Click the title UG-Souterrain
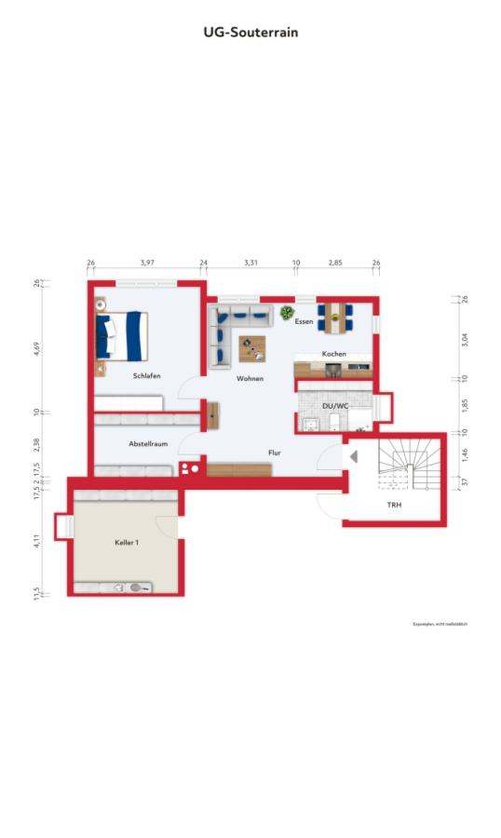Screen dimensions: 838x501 click(250, 32)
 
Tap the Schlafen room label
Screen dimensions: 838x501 click(146, 376)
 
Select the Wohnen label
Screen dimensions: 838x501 click(250, 379)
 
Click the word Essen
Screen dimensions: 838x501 click(304, 322)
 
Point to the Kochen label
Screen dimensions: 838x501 click(334, 355)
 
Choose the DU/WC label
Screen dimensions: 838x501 click(334, 406)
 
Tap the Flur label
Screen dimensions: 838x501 click(275, 453)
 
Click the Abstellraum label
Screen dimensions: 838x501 click(148, 444)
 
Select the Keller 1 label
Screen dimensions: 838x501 click(127, 542)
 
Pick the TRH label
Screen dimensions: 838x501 click(395, 505)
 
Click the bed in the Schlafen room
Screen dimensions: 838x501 click(123, 335)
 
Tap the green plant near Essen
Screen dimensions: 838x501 click(286, 312)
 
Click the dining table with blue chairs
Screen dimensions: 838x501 click(333, 318)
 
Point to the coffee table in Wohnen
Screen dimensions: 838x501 click(251, 348)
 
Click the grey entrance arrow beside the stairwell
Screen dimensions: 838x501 click(353, 456)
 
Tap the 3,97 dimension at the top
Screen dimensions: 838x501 click(147, 264)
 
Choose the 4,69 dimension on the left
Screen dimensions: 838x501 click(36, 349)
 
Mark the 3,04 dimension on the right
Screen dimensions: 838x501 click(465, 339)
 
